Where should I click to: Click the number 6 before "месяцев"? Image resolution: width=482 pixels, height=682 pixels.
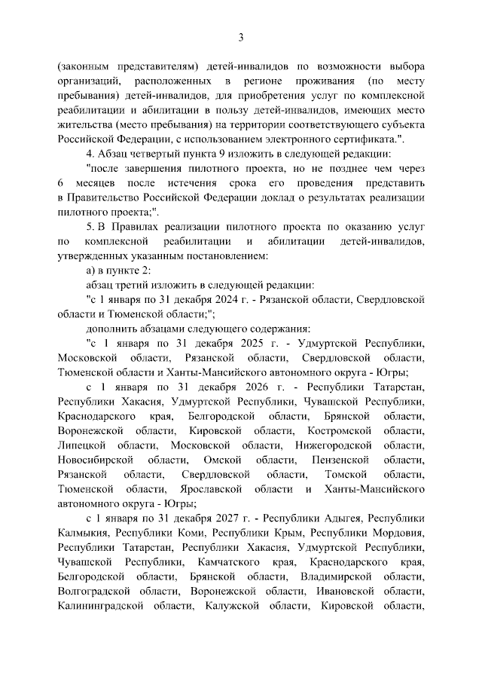60,183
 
